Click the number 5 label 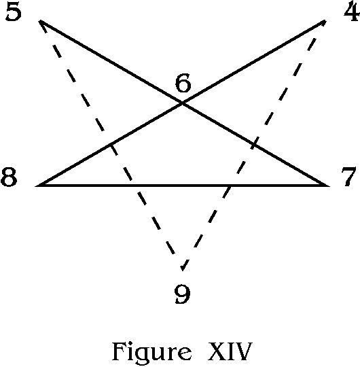click(x=14, y=13)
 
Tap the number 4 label click(x=352, y=12)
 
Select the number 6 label click(x=183, y=83)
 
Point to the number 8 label click(x=9, y=177)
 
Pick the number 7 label click(x=348, y=177)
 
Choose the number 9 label click(x=183, y=295)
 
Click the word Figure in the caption click(x=151, y=351)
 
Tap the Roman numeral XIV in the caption click(x=230, y=351)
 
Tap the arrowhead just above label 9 click(x=183, y=268)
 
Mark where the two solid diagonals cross click(x=183, y=103)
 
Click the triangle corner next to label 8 click(x=35, y=186)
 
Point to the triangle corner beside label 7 click(x=329, y=186)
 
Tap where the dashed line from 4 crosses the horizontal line click(x=230, y=186)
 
